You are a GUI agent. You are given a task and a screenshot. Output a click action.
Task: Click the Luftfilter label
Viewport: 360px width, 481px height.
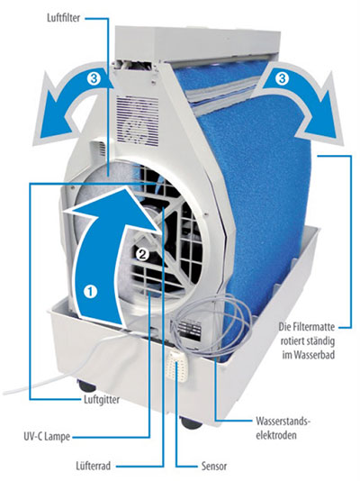coord(63,18)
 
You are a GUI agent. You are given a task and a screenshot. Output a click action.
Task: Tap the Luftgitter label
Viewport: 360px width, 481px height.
coord(102,400)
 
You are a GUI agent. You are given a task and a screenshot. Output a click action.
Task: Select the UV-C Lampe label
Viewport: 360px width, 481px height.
coord(47,437)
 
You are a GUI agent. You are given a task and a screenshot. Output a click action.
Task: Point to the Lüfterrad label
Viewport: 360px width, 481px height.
coord(93,467)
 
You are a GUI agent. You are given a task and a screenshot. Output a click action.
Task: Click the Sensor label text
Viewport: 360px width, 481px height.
coord(214,467)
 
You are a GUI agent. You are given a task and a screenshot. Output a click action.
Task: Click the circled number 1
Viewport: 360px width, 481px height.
coord(91,291)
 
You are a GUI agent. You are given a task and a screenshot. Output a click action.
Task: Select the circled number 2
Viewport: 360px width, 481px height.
coord(142,254)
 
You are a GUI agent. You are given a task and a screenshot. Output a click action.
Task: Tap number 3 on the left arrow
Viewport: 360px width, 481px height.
coord(94,79)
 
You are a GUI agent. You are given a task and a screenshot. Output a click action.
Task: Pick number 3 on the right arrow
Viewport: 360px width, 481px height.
coord(282,79)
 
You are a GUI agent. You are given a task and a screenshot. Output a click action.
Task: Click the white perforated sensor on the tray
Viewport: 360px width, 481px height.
coord(177,367)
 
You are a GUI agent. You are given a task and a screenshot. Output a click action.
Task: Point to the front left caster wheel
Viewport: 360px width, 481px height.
coord(87,386)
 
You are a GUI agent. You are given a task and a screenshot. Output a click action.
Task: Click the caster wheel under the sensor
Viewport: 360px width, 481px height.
coord(191,422)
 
